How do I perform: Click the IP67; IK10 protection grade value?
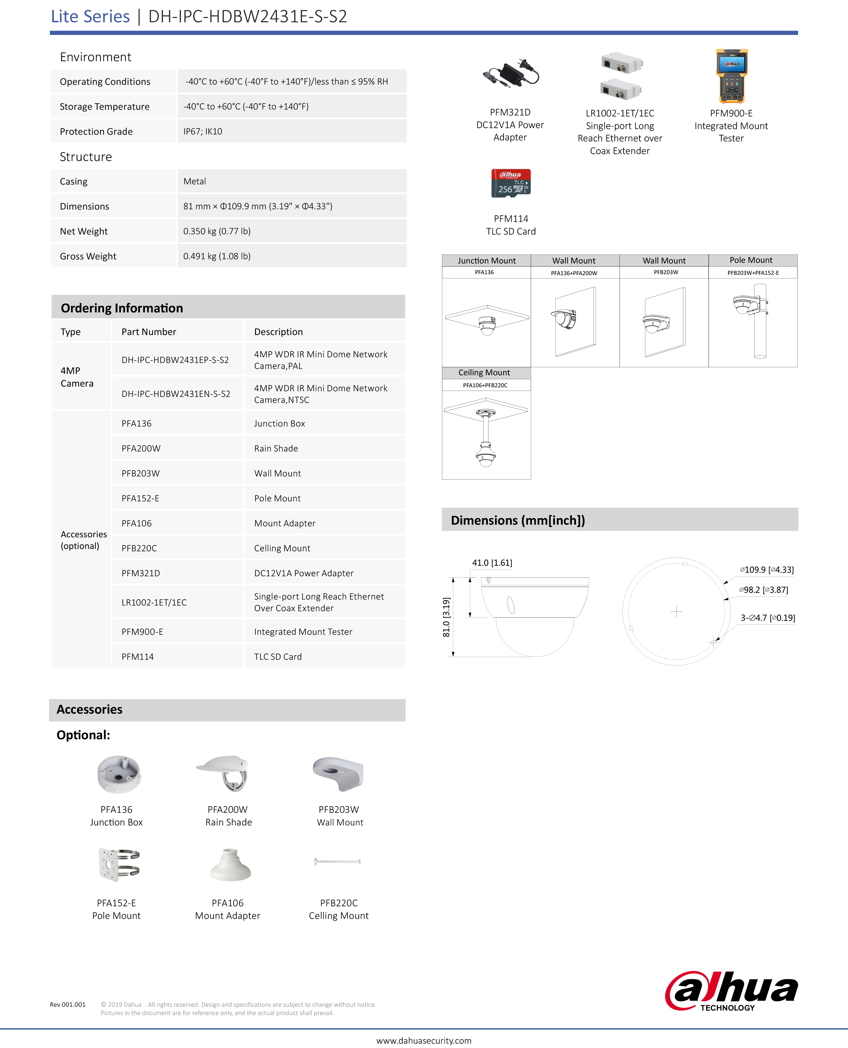coord(203,131)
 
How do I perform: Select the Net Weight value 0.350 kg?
coord(217,231)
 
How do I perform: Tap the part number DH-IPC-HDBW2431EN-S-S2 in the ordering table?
coord(176,394)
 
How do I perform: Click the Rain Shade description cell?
coord(276,448)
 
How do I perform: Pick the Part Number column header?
coord(149,332)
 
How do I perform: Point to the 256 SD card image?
coord(511,183)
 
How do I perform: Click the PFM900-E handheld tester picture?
coord(731,76)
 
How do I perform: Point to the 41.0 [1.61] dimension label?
coord(492,563)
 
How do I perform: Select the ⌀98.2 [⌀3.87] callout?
coord(764,590)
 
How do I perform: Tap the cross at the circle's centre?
coord(676,611)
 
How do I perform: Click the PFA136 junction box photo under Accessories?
coord(119,775)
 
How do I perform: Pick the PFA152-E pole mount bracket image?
coord(119,864)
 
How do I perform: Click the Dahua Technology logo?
coord(731,990)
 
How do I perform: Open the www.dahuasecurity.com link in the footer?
coord(424,1040)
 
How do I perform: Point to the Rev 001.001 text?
coord(68,1004)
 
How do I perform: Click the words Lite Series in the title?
coord(90,17)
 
